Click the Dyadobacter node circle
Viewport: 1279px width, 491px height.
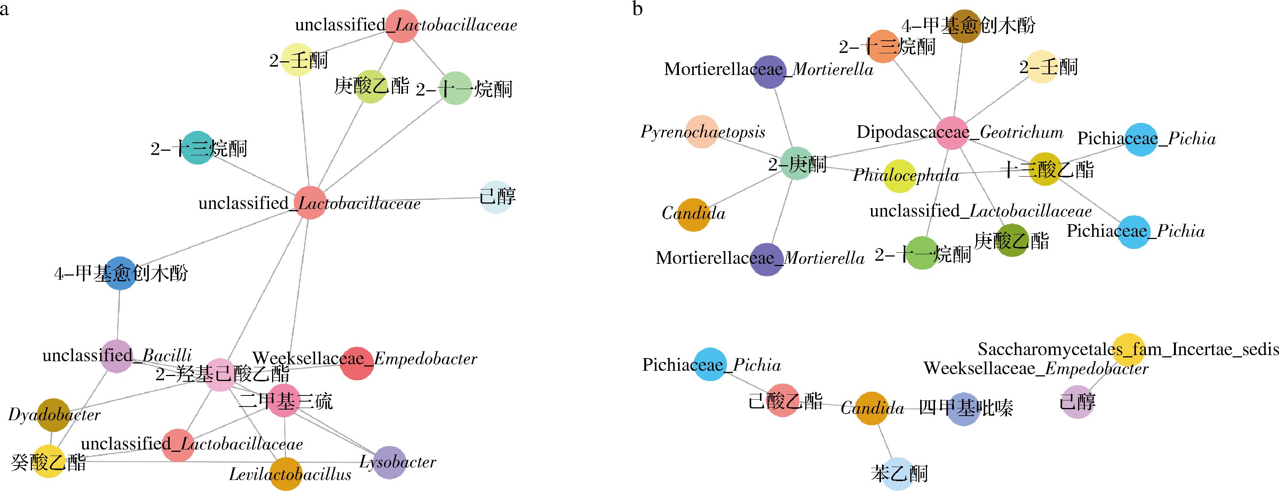54,414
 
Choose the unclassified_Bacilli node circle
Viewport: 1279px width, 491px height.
117,356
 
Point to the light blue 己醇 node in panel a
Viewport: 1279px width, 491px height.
497,197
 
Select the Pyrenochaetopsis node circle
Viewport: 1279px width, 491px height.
702,132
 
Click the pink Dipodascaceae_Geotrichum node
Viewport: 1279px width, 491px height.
952,132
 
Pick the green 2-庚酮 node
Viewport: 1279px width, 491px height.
797,163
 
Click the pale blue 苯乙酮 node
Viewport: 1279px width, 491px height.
898,473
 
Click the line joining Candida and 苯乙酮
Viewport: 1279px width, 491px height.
885,441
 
